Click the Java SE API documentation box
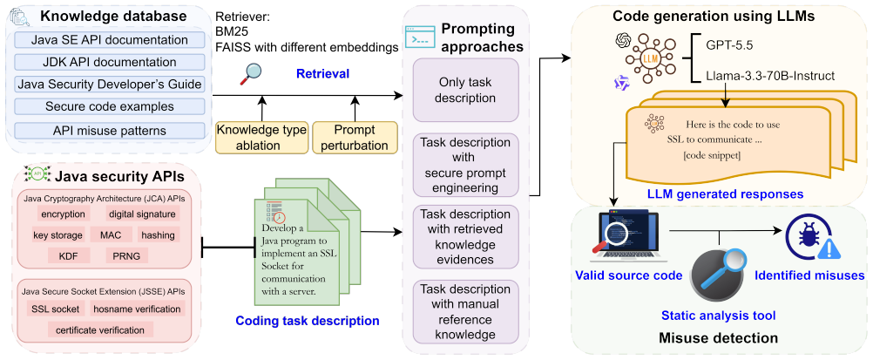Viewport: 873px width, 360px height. point(110,41)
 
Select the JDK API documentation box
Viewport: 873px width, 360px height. point(110,63)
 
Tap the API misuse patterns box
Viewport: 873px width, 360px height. point(110,131)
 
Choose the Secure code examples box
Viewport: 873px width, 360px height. point(110,105)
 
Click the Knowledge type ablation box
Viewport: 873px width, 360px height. point(261,138)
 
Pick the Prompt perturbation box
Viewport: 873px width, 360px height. point(355,138)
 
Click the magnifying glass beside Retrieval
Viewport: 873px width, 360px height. point(251,74)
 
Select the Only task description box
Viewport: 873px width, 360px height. point(465,91)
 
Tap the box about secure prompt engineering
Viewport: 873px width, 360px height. point(465,165)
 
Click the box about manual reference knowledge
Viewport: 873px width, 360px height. point(465,312)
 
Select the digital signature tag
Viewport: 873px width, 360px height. point(142,214)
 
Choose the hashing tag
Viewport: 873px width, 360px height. point(158,235)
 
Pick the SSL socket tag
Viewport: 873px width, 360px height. point(55,309)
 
